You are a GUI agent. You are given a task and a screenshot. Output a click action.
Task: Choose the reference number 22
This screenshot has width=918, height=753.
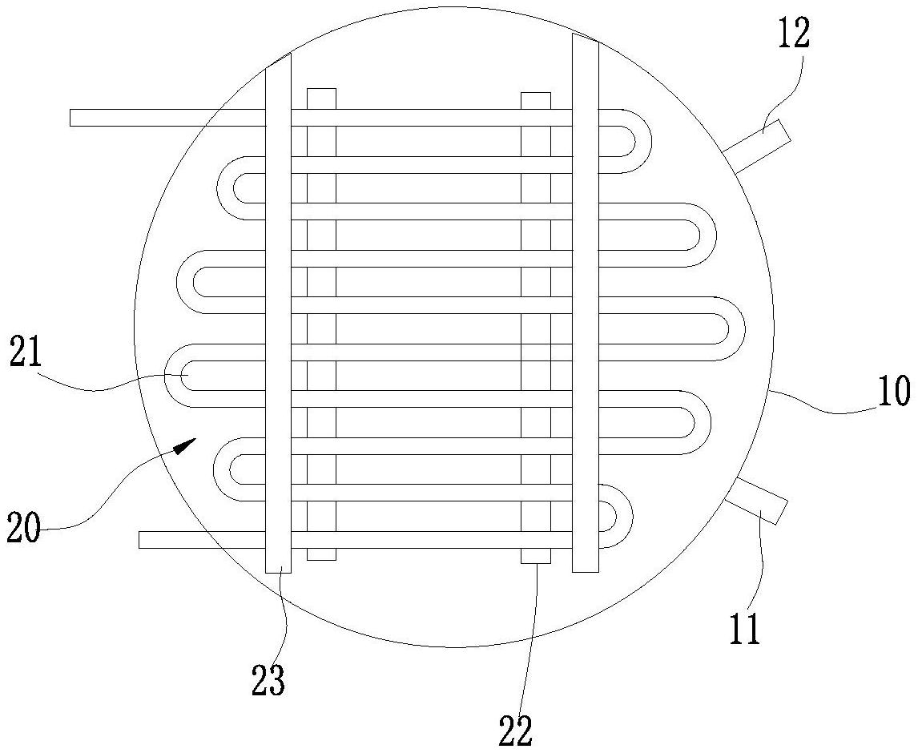517,731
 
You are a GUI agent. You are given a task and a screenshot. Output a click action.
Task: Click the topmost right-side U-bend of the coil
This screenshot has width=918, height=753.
633,141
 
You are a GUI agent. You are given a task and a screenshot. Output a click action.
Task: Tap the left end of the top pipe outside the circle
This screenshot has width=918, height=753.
73,118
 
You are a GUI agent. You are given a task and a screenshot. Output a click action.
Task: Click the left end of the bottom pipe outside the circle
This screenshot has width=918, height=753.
142,540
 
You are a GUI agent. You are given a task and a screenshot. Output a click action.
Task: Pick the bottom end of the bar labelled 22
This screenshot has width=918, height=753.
535,558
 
